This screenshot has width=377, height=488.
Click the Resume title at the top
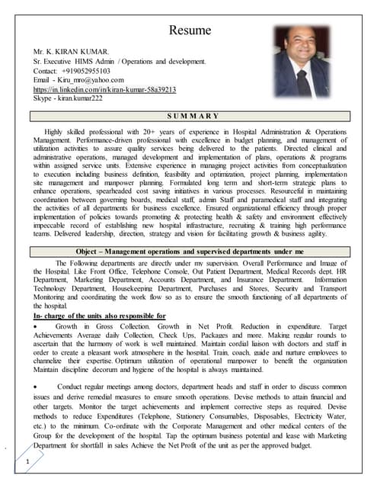coord(188,31)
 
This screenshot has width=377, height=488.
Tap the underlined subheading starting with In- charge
coord(100,316)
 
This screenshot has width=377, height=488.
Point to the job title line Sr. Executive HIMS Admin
coord(118,60)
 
